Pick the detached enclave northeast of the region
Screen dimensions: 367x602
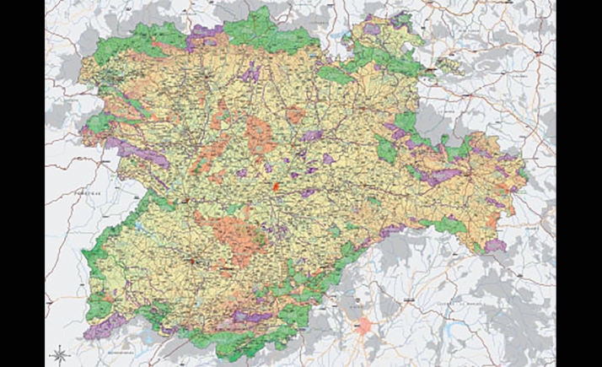coord(449,63)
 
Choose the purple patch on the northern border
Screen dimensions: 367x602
coord(205,35)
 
